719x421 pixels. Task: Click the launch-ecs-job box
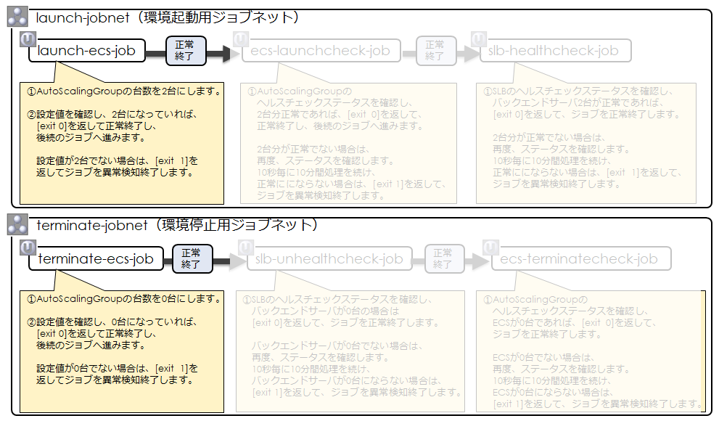pos(87,51)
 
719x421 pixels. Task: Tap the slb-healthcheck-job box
pos(556,51)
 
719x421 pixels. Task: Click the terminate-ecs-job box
pos(95,259)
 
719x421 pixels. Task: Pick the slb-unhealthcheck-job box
pos(329,259)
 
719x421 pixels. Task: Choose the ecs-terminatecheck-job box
pos(580,259)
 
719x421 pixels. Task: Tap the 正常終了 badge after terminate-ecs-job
pos(192,258)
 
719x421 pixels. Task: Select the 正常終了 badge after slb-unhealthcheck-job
pos(443,258)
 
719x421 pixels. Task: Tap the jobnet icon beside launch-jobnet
pos(17,17)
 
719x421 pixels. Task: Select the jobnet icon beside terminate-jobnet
pos(17,225)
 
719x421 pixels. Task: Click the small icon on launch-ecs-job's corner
pos(28,38)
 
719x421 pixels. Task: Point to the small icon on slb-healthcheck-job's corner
pos(478,38)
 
